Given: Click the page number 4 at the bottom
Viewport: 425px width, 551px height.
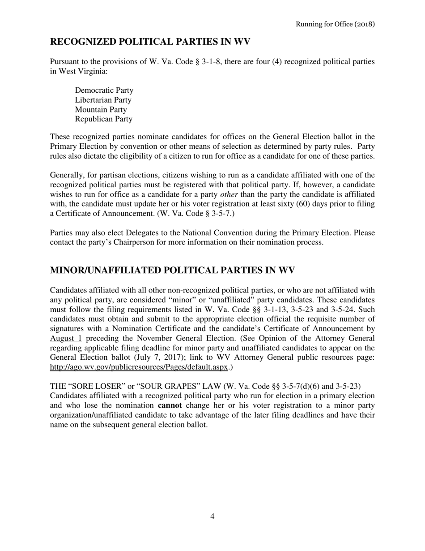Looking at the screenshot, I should tap(212, 517).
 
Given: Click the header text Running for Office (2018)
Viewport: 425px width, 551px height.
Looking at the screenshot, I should tap(335, 24).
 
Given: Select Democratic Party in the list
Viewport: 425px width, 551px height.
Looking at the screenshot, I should tap(104, 90).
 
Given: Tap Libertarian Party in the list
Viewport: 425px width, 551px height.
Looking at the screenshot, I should tap(103, 100).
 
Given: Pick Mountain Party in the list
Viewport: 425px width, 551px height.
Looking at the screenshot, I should tap(101, 110).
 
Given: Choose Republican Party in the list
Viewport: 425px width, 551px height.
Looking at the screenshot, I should tap(103, 119).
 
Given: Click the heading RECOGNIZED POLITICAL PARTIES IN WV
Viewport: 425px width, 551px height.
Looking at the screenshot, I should tap(150, 42).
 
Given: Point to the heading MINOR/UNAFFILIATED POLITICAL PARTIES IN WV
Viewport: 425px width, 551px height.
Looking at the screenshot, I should tap(172, 271).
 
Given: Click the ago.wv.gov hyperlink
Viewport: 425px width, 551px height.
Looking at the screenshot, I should tap(139, 367).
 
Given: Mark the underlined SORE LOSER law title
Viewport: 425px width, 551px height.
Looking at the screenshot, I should tap(205, 387).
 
